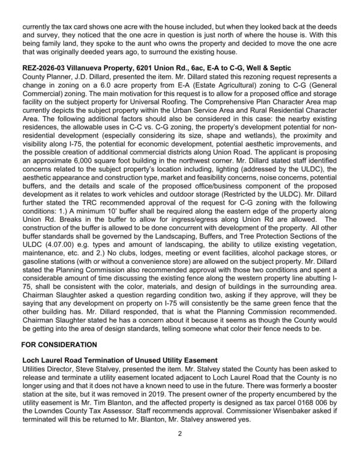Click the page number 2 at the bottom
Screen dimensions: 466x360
point(180,449)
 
